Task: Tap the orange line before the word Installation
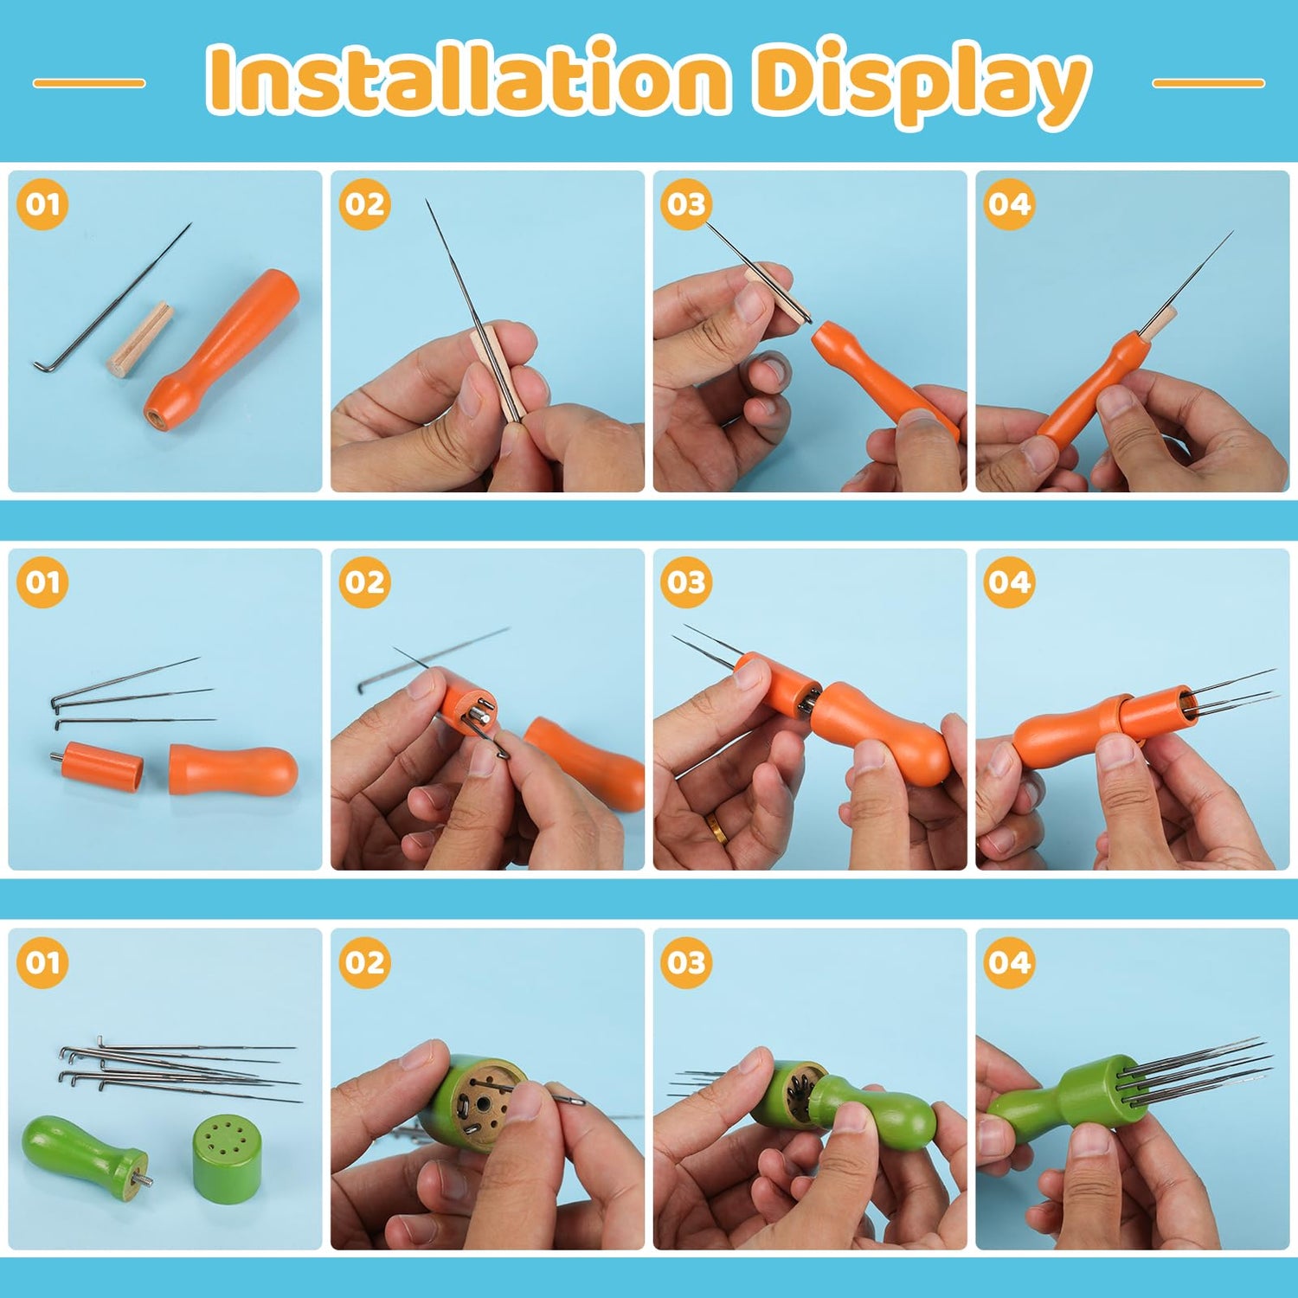tap(89, 83)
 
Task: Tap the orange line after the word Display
tap(1209, 83)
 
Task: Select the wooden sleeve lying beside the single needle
tap(140, 338)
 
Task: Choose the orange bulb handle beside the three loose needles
tap(233, 769)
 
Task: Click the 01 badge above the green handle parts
tap(42, 962)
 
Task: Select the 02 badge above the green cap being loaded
tap(364, 962)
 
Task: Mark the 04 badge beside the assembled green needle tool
tap(1009, 962)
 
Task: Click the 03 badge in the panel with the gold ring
tap(687, 582)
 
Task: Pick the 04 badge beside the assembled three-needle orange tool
tap(1009, 582)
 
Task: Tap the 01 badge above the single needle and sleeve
tap(42, 204)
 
